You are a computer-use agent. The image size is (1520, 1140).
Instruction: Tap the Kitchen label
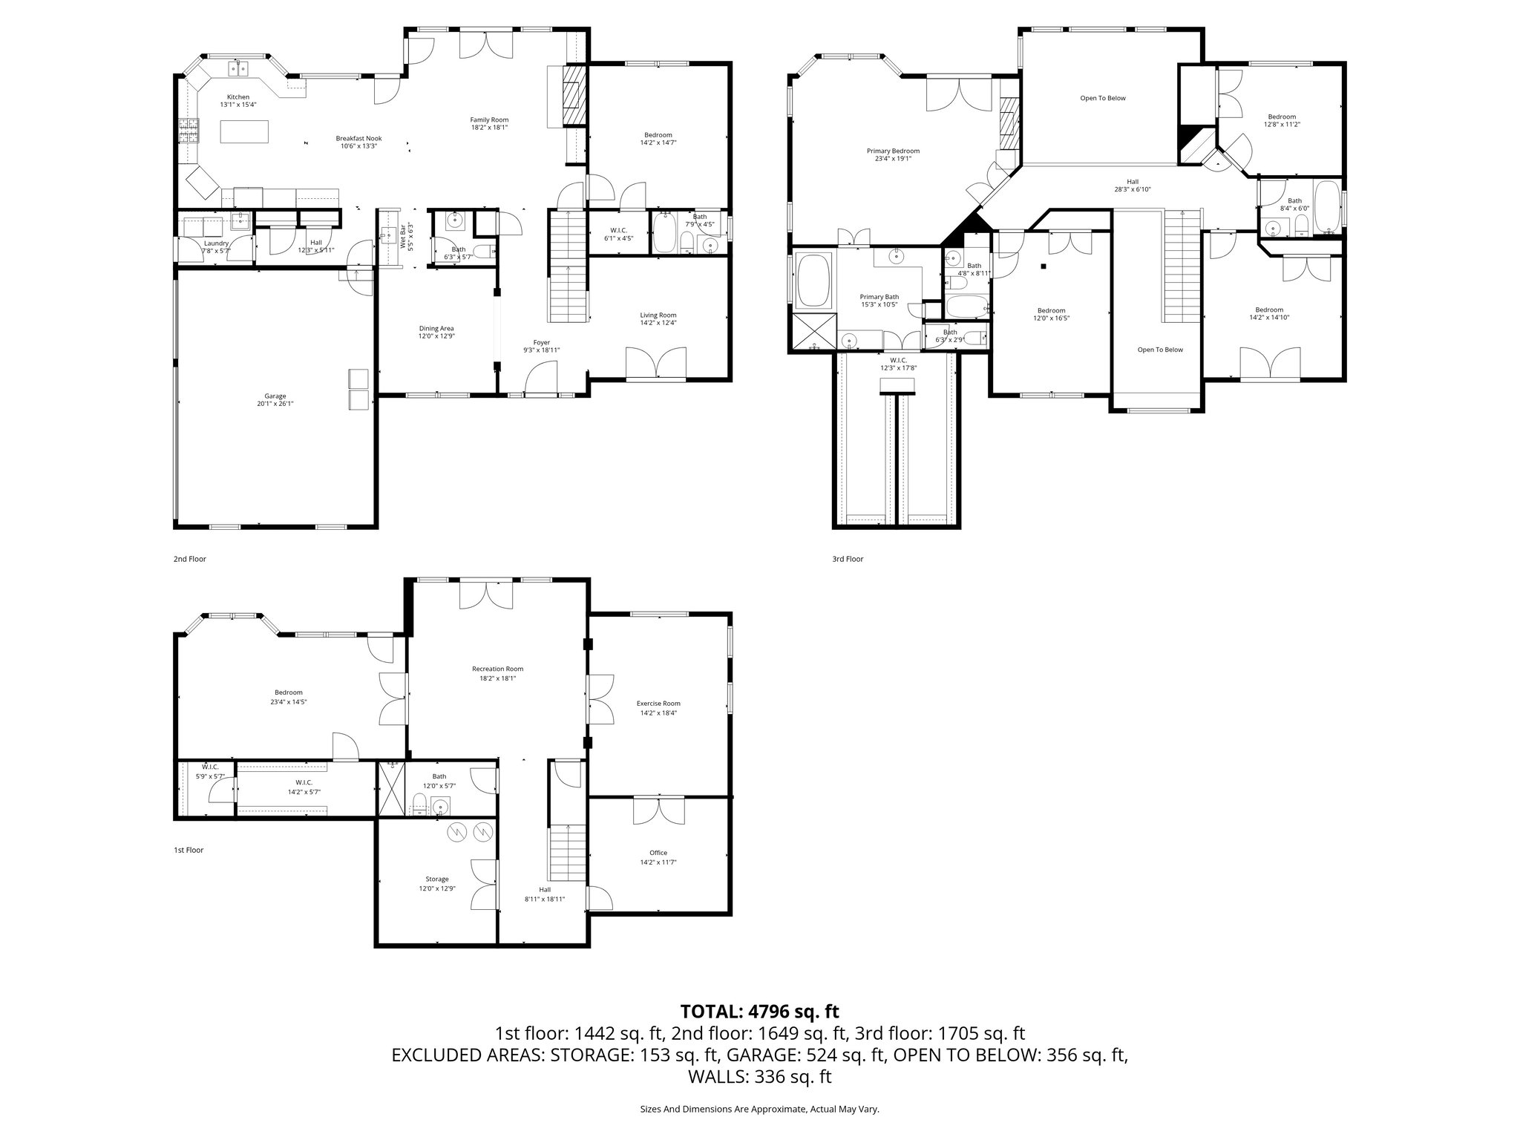tap(237, 101)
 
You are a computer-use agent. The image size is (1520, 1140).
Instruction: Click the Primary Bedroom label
tap(893, 154)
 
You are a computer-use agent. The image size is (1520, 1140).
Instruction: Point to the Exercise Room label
tap(658, 707)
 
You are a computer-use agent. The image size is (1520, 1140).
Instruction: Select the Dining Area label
tap(436, 332)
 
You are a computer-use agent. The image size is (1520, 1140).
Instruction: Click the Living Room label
tap(658, 318)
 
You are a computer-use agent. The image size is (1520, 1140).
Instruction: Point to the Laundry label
tap(216, 246)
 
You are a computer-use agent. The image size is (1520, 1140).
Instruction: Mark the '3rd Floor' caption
tap(848, 559)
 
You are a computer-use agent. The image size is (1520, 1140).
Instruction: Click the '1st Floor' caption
tap(189, 850)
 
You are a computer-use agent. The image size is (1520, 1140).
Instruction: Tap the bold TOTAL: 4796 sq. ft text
tap(759, 1011)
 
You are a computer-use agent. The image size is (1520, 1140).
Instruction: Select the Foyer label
tap(541, 346)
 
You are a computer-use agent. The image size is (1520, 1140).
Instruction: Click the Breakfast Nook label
tap(358, 142)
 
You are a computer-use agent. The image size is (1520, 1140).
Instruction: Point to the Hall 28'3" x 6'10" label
tap(1132, 185)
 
